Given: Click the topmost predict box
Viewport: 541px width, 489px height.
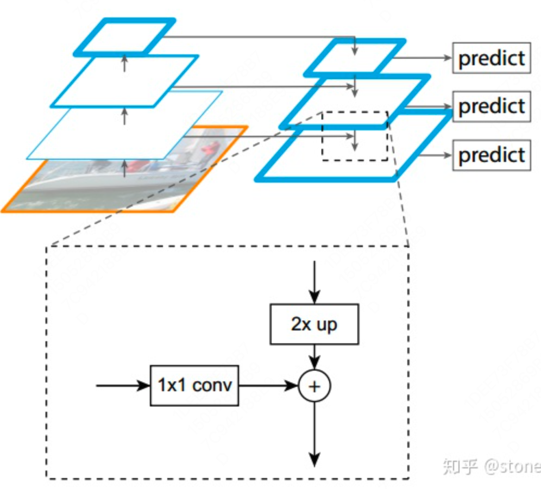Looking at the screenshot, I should click(x=491, y=58).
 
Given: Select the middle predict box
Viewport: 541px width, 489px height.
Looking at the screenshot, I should click(x=491, y=106).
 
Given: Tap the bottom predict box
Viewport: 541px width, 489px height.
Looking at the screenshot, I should click(x=491, y=155).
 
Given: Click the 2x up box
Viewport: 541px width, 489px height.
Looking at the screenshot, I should click(x=314, y=324).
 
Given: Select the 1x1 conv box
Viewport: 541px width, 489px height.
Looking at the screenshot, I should click(x=194, y=385).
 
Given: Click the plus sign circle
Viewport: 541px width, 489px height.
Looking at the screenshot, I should click(x=314, y=386).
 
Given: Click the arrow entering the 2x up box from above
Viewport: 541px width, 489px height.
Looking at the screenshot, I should click(x=314, y=283).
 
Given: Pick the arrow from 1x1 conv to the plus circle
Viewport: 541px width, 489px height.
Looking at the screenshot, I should click(x=268, y=385).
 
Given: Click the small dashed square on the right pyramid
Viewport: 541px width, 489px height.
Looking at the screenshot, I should click(x=354, y=136).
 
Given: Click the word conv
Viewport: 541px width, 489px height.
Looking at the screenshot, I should click(x=212, y=385).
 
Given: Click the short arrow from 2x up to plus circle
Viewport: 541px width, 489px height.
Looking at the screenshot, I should click(x=314, y=358).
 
